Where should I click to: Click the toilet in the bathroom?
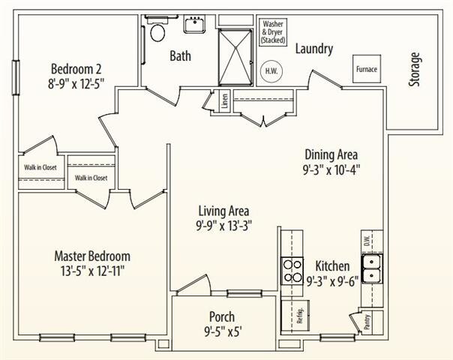click(157, 31)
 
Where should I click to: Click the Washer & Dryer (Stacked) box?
click(273, 31)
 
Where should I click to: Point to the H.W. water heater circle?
click(270, 71)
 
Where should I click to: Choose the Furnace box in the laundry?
click(366, 70)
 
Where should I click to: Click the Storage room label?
click(415, 69)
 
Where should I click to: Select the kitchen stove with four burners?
click(289, 268)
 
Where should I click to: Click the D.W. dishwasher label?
click(367, 241)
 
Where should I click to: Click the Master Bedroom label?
click(92, 255)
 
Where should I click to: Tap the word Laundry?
click(313, 49)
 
